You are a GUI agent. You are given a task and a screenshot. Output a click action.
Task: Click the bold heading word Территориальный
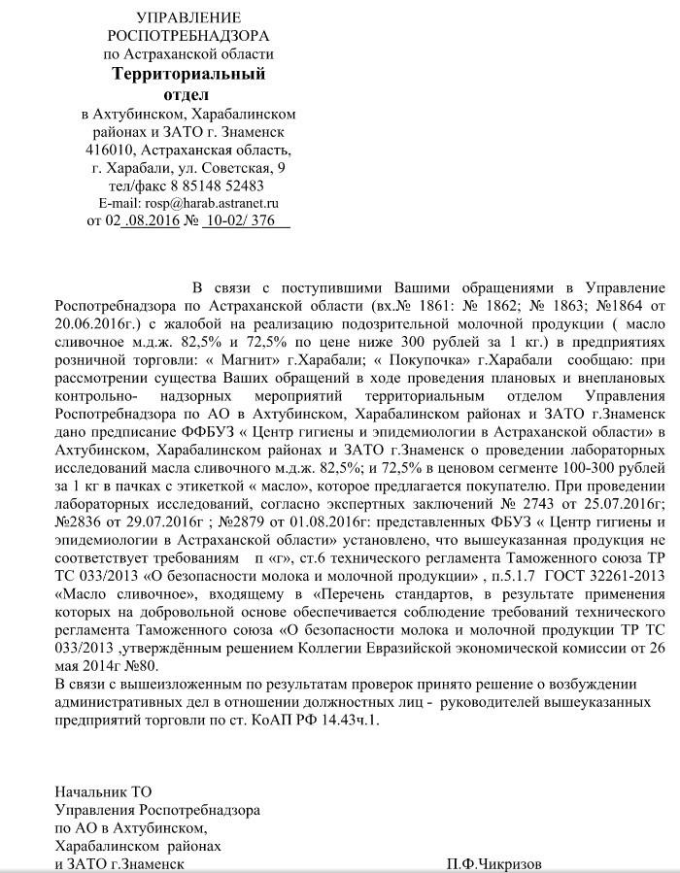coord(188,74)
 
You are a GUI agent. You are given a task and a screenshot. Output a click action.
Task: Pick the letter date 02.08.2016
coord(148,221)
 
